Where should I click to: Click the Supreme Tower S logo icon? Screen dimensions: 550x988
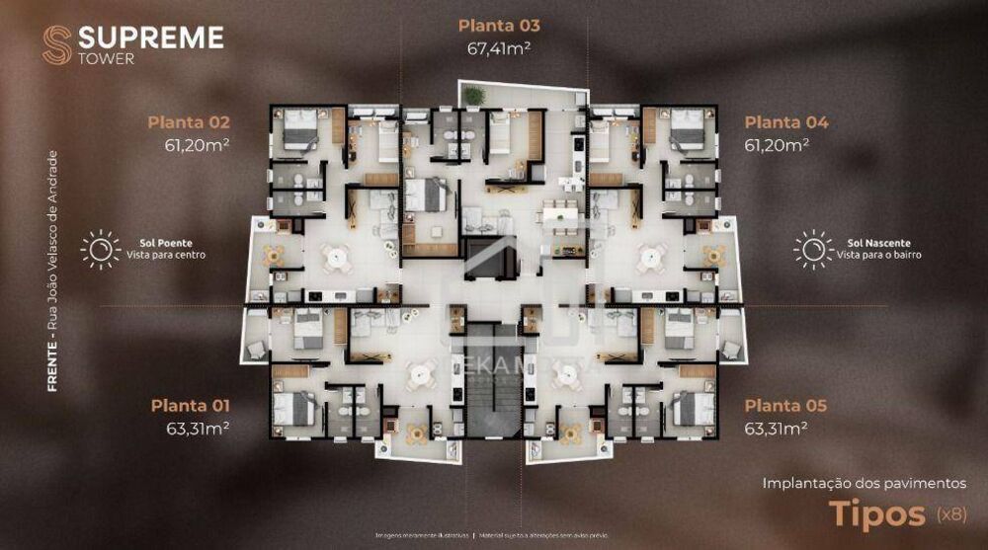click(56, 44)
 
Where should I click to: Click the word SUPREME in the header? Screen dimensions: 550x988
click(150, 38)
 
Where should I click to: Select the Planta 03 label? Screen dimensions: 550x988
click(499, 26)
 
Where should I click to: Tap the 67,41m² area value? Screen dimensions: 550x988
click(499, 46)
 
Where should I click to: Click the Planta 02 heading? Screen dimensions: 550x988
click(189, 123)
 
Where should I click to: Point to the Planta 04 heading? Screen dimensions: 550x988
click(786, 123)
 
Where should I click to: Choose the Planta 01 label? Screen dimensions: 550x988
click(190, 406)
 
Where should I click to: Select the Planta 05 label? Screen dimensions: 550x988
click(785, 406)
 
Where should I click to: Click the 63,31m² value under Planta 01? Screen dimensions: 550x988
click(198, 428)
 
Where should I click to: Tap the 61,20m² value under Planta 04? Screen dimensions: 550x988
click(777, 144)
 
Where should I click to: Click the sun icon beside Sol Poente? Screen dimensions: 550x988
click(100, 249)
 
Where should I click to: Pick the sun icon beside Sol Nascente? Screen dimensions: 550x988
click(813, 249)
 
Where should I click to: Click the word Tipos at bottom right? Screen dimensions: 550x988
click(874, 513)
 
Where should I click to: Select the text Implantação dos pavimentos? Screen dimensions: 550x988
click(864, 483)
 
